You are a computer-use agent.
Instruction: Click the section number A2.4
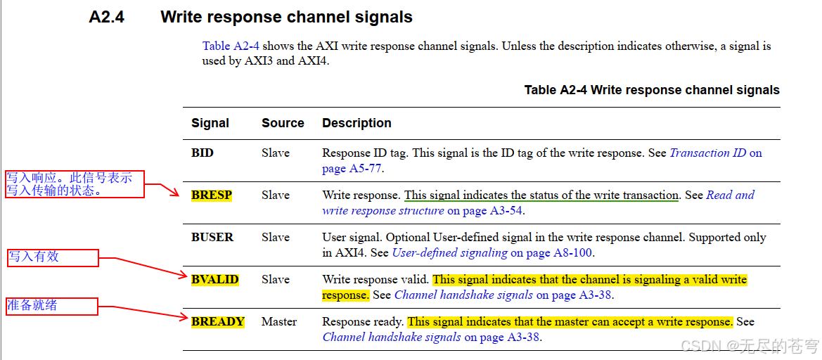[106, 17]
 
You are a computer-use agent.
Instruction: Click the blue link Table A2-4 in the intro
[231, 46]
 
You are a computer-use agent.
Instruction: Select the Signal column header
[210, 123]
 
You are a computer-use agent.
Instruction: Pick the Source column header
[283, 123]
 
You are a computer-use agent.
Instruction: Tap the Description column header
[357, 123]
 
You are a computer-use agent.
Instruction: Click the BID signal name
[203, 153]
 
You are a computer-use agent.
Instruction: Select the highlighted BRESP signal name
[211, 195]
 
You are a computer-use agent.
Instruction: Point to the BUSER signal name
[212, 237]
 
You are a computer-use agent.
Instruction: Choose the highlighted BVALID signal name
[214, 279]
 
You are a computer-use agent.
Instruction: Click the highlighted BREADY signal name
[217, 321]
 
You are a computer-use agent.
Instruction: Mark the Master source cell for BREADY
[279, 321]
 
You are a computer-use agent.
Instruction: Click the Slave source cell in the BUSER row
[276, 237]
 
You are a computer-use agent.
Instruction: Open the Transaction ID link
[708, 153]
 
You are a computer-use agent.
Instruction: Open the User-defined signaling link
[449, 252]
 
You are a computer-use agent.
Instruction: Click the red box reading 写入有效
[53, 257]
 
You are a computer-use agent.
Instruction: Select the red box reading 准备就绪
[51, 306]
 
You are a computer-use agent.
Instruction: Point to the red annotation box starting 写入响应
[75, 184]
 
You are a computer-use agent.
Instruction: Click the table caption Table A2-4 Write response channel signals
[651, 90]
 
